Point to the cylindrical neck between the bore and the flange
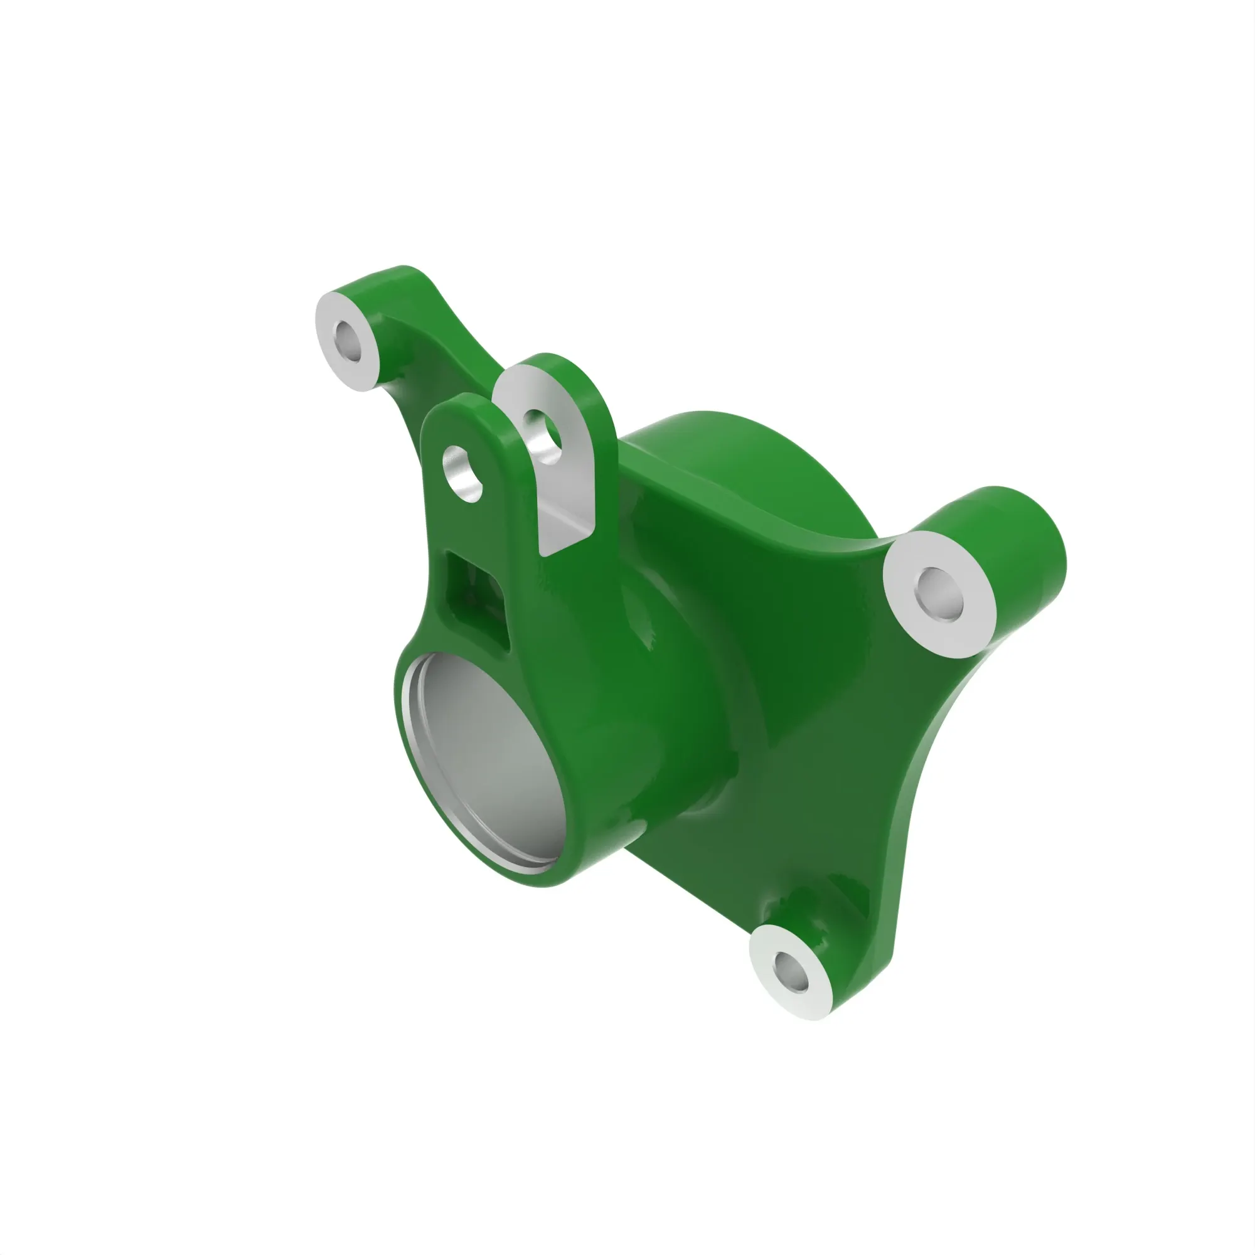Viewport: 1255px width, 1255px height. (682, 747)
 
